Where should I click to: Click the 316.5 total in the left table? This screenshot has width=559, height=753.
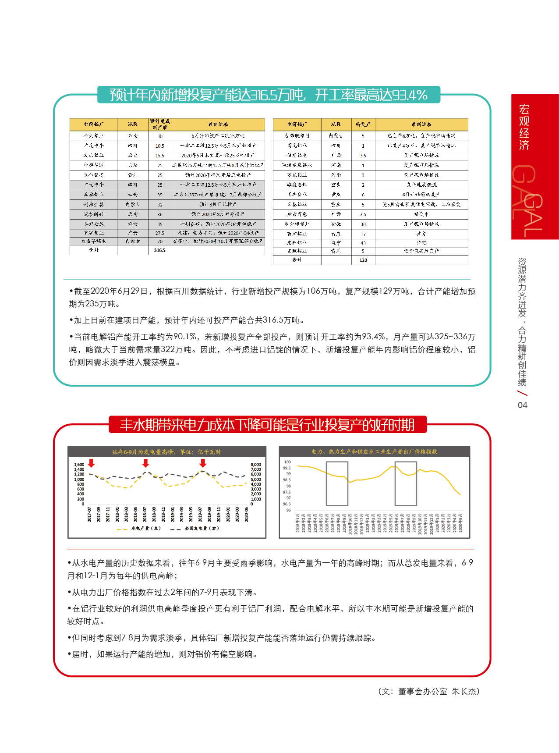[159, 250]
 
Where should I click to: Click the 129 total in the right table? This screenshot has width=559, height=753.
[363, 260]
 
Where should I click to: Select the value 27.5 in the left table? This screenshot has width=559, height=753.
[159, 233]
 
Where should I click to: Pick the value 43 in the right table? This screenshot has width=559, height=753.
[363, 243]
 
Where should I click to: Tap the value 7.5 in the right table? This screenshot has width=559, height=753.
[363, 214]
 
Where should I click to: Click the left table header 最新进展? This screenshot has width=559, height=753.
[218, 124]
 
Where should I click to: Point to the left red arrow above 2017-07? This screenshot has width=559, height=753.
[91, 463]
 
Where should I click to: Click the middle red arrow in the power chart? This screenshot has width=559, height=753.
[146, 463]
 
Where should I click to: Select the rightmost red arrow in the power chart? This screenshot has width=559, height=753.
[202, 463]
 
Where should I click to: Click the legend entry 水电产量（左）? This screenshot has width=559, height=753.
[140, 529]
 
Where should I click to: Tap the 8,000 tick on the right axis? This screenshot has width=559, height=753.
[256, 465]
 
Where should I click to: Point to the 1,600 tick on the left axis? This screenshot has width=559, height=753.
[79, 465]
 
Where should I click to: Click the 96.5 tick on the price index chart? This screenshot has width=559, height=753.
[287, 504]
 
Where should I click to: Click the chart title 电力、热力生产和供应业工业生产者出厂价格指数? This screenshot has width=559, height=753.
[374, 451]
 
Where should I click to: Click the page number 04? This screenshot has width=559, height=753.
[522, 405]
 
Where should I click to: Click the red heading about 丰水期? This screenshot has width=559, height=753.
[267, 425]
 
